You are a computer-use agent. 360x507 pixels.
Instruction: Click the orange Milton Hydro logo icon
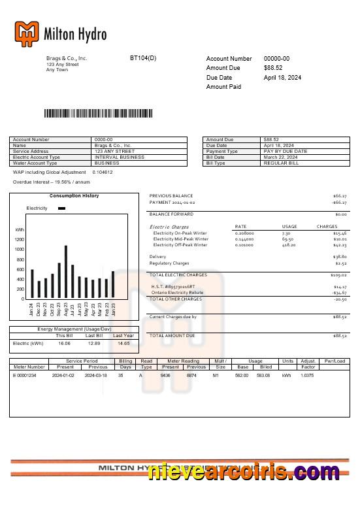tap(27, 34)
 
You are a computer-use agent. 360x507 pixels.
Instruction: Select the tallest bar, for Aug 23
tap(66, 271)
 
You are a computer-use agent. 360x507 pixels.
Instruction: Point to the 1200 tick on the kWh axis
tap(19, 240)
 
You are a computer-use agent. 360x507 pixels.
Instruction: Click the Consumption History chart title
tap(74, 196)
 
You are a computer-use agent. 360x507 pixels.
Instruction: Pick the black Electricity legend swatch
tap(62, 208)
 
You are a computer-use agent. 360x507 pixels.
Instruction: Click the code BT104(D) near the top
tap(143, 58)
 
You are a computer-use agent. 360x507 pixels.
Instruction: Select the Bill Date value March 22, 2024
tap(280, 157)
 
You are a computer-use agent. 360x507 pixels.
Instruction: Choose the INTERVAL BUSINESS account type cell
tap(120, 157)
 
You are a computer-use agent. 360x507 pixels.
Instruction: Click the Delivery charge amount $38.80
tap(340, 257)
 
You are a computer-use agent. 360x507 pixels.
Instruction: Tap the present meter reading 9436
tap(165, 376)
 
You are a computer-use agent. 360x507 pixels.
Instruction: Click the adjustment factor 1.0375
tap(307, 376)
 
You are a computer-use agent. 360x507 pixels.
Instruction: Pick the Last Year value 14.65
tap(123, 343)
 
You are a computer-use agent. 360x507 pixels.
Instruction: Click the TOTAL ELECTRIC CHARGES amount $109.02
tap(339, 275)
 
